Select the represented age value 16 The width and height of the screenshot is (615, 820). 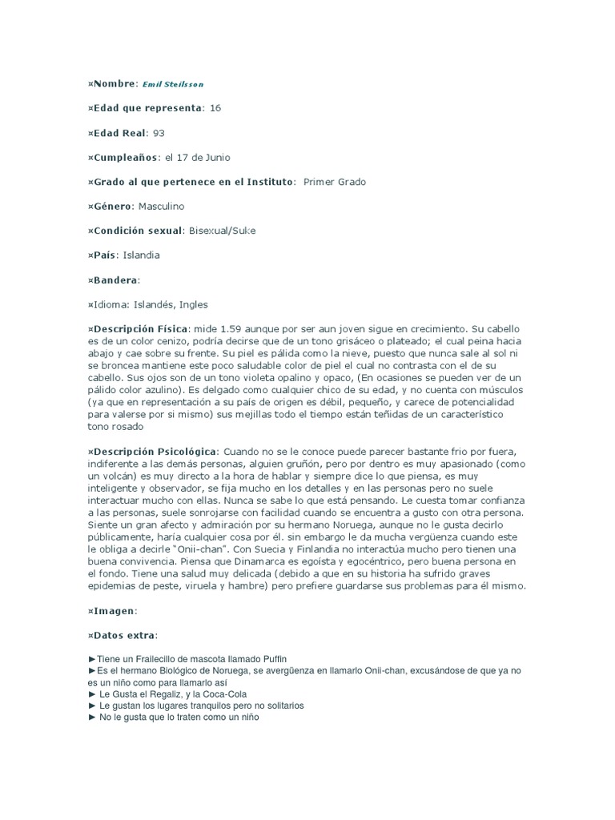pos(215,108)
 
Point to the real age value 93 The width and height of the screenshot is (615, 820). pos(159,133)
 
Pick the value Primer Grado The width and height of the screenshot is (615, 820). pos(334,182)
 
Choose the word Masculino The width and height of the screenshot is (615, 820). pos(160,207)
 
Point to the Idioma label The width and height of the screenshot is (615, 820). pos(110,304)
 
